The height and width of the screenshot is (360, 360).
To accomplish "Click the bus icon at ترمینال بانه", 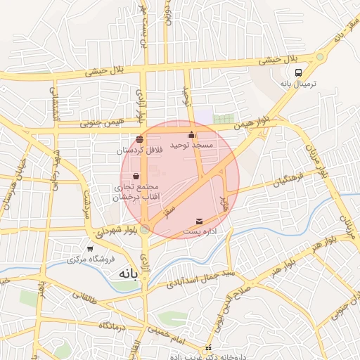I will tap(299, 72).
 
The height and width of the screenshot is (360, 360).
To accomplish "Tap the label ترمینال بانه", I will tap(299, 84).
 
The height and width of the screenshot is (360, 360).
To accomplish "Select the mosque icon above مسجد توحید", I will tap(191, 134).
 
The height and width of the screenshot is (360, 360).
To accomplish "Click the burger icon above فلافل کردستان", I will tap(139, 139).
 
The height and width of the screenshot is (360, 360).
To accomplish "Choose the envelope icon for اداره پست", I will tap(199, 221).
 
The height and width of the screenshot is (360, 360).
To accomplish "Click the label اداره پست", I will tap(200, 231).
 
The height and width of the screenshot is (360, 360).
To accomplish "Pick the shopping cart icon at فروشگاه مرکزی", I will tap(90, 248).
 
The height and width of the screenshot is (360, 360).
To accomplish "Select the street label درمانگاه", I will tap(114, 326).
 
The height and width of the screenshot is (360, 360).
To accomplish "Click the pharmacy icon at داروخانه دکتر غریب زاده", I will tap(209, 348).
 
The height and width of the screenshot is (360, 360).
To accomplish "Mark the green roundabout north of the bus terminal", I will tap(321, 56).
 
